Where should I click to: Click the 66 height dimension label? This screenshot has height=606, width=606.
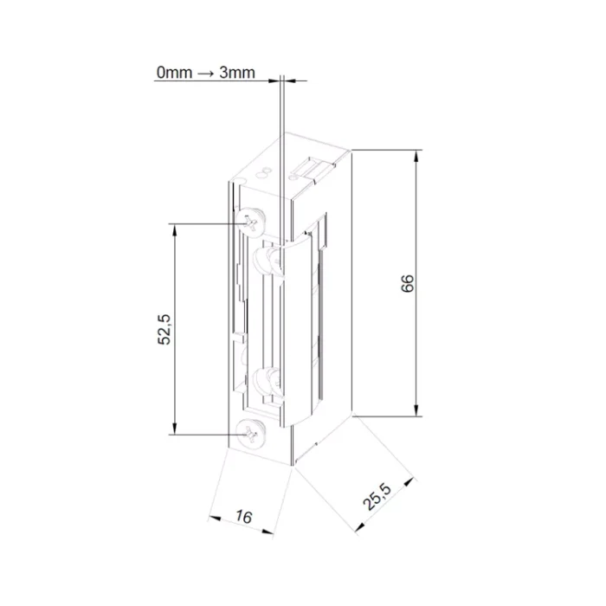pyautogui.click(x=408, y=283)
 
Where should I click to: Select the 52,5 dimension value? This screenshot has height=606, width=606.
pyautogui.click(x=164, y=329)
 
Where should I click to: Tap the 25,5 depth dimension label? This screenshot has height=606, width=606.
pyautogui.click(x=377, y=497)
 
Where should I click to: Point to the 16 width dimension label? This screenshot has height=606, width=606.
pyautogui.click(x=243, y=516)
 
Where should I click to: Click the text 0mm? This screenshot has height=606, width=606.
pyautogui.click(x=174, y=72)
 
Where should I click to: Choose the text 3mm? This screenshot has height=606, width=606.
pyautogui.click(x=237, y=72)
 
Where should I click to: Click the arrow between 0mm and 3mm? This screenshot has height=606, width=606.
pyautogui.click(x=206, y=73)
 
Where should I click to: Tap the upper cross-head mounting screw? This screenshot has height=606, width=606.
pyautogui.click(x=251, y=223)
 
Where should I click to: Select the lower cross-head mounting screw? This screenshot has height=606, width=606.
pyautogui.click(x=251, y=435)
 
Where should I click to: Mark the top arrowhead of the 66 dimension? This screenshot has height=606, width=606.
pyautogui.click(x=416, y=156)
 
